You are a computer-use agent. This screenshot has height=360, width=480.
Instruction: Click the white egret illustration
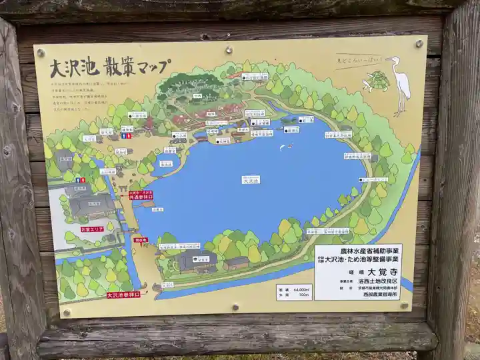pyautogui.click(x=401, y=84)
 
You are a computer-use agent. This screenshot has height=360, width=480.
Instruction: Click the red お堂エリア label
pyautogui.click(x=93, y=229)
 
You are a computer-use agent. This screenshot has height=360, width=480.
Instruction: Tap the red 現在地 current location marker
pyautogui.click(x=141, y=240)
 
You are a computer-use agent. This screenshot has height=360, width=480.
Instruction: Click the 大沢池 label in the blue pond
pyautogui.click(x=250, y=179)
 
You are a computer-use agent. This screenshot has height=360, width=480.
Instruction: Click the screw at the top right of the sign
pyautogui.click(x=419, y=43)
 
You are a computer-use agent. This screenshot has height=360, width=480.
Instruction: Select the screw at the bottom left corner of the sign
pyautogui.click(x=66, y=311)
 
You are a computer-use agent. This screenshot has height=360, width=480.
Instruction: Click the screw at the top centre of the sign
pyautogui.click(x=229, y=49)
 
